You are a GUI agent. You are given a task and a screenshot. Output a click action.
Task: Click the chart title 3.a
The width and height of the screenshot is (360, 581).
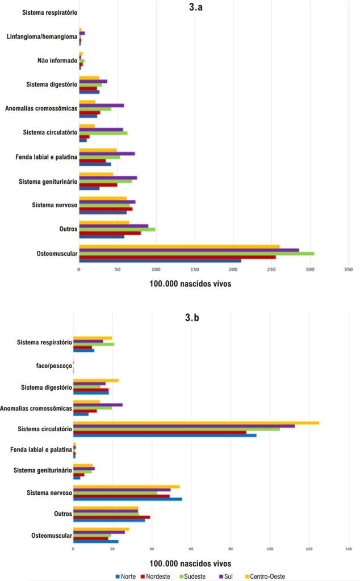[x=195, y=7]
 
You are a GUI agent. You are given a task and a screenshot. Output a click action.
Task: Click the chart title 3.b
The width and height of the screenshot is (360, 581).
[x=192, y=318]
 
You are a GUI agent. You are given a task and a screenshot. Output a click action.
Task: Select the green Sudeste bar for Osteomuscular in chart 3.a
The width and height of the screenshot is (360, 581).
[x=196, y=254]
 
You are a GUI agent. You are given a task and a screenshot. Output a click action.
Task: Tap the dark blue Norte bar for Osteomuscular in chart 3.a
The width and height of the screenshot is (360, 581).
[x=160, y=261]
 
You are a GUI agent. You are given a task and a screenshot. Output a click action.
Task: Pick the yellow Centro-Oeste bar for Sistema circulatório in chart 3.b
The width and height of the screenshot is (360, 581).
[x=196, y=423]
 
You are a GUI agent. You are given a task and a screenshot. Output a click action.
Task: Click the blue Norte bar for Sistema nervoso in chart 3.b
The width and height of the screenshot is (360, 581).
[x=128, y=499]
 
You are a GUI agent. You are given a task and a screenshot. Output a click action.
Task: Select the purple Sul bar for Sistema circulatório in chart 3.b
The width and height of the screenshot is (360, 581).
[x=184, y=426]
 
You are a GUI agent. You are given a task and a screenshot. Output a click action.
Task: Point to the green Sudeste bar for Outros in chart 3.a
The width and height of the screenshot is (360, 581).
[x=117, y=229]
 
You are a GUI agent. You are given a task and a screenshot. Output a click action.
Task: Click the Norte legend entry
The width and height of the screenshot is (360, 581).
[x=125, y=576]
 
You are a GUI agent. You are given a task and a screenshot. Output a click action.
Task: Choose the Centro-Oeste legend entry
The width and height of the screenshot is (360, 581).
[x=265, y=576]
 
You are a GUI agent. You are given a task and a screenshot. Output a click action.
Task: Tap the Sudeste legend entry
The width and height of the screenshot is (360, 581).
[x=192, y=576]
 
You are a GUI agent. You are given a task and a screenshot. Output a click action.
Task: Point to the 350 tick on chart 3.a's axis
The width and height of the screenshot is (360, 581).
[x=349, y=270]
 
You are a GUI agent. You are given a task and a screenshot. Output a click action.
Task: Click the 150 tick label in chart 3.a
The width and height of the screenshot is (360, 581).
[x=194, y=270]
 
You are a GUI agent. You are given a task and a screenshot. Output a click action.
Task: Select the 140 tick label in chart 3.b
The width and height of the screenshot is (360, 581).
[x=349, y=549]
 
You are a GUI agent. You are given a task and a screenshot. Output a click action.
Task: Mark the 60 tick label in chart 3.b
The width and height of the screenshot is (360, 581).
[x=191, y=549]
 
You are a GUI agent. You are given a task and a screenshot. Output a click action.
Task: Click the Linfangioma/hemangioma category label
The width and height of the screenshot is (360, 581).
[x=42, y=37]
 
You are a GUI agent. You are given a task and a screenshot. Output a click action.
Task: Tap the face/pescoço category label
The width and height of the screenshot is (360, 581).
[x=54, y=366]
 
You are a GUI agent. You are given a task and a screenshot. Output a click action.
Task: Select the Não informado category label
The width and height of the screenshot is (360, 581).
[x=57, y=60]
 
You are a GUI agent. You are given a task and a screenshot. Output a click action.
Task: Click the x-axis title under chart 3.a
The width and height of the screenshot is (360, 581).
[x=190, y=284]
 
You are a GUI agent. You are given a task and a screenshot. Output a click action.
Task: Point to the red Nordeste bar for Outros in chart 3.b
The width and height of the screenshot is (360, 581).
[x=112, y=517]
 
